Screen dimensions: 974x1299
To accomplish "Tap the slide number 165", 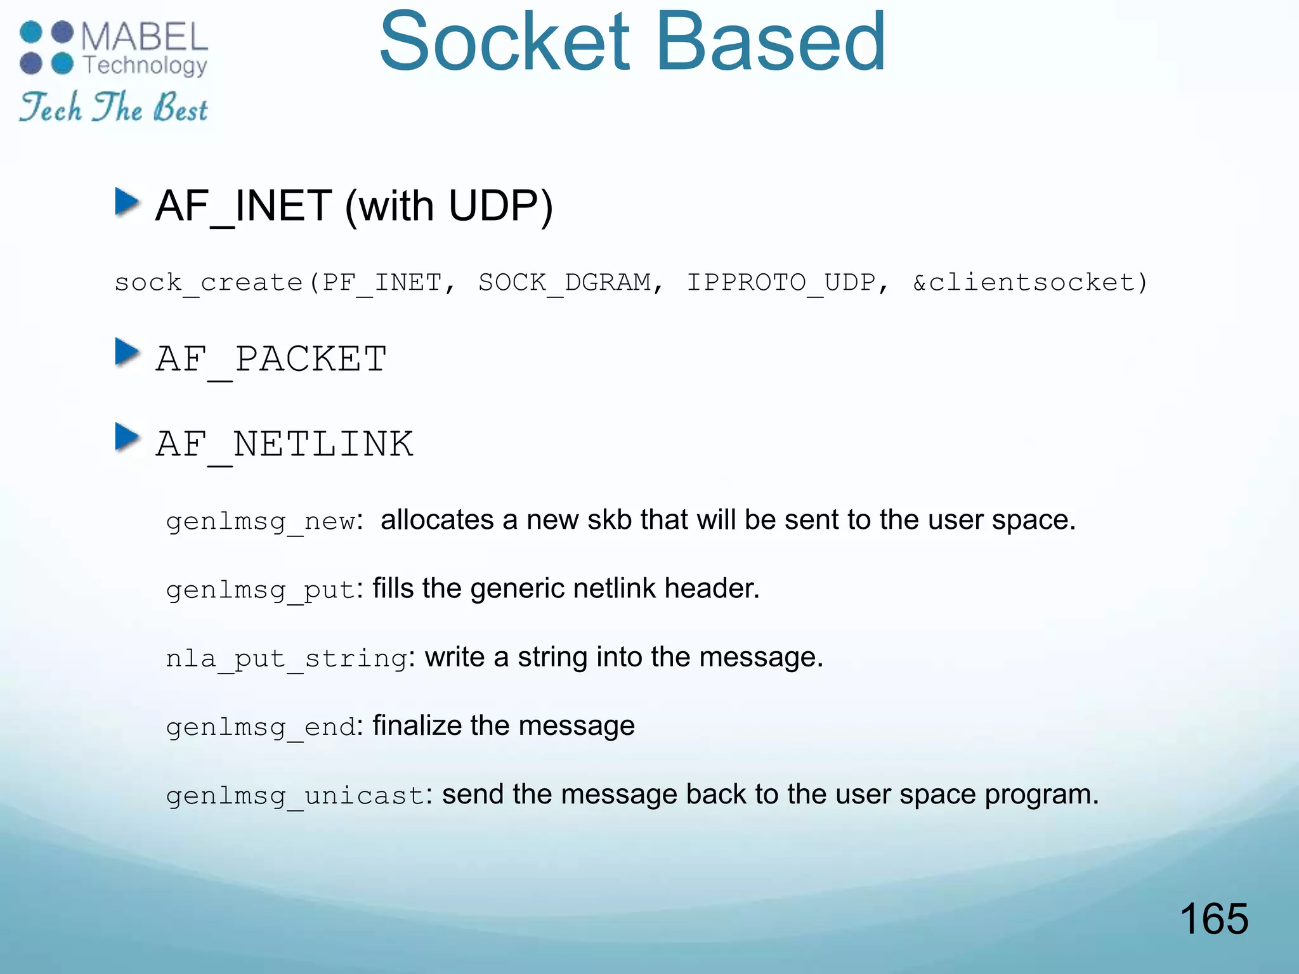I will [1213, 918].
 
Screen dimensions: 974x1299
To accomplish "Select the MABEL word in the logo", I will [145, 36].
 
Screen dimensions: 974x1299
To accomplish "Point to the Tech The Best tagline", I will [114, 107].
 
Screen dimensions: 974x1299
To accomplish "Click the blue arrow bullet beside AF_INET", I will [127, 202].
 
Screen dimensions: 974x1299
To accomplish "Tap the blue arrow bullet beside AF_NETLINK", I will [127, 437].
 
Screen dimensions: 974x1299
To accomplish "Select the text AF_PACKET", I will [271, 360].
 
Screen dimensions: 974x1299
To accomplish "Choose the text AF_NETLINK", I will [284, 444].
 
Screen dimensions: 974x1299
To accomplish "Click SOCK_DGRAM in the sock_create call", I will [565, 282].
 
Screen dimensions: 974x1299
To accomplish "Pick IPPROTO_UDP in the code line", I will [781, 282].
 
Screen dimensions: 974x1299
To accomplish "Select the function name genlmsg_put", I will [260, 590].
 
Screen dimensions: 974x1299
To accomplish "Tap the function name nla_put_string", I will [286, 659].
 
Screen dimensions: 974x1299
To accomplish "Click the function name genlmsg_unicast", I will [295, 796].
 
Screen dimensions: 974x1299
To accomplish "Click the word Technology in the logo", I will [145, 65].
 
